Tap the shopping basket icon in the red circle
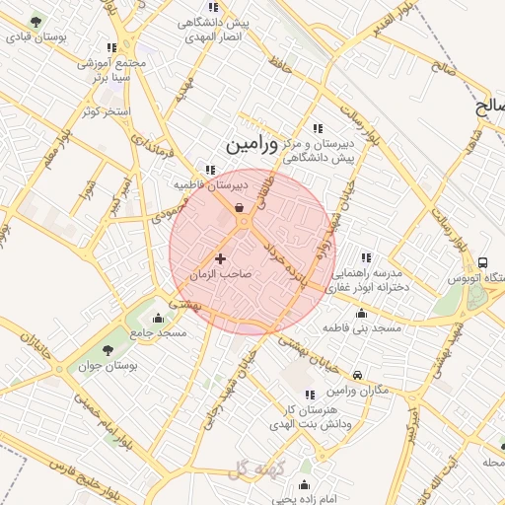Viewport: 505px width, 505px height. point(240,207)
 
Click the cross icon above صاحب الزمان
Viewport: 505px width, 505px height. point(220,258)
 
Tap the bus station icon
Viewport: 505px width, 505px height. point(482,262)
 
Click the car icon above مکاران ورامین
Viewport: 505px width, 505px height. point(357,375)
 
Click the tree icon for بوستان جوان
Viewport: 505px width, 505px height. point(108,350)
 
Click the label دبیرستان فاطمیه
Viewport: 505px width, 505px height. point(211,183)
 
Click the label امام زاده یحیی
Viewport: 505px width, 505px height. point(303,499)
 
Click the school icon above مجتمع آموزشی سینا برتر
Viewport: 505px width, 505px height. point(111,47)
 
